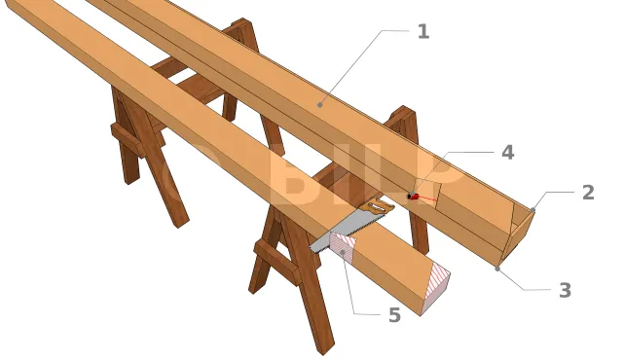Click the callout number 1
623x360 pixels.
coord(423,32)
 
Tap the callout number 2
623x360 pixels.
coord(588,193)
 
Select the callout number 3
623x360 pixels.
coord(565,290)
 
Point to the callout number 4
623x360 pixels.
coord(508,153)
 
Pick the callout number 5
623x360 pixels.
coord(394,315)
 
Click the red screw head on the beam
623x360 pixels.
coord(413,196)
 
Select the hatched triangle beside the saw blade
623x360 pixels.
coord(343,245)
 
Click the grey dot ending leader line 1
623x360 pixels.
coord(320,105)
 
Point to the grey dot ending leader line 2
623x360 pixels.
coord(532,209)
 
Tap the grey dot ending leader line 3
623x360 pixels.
coord(497,269)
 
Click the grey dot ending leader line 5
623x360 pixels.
coord(343,251)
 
